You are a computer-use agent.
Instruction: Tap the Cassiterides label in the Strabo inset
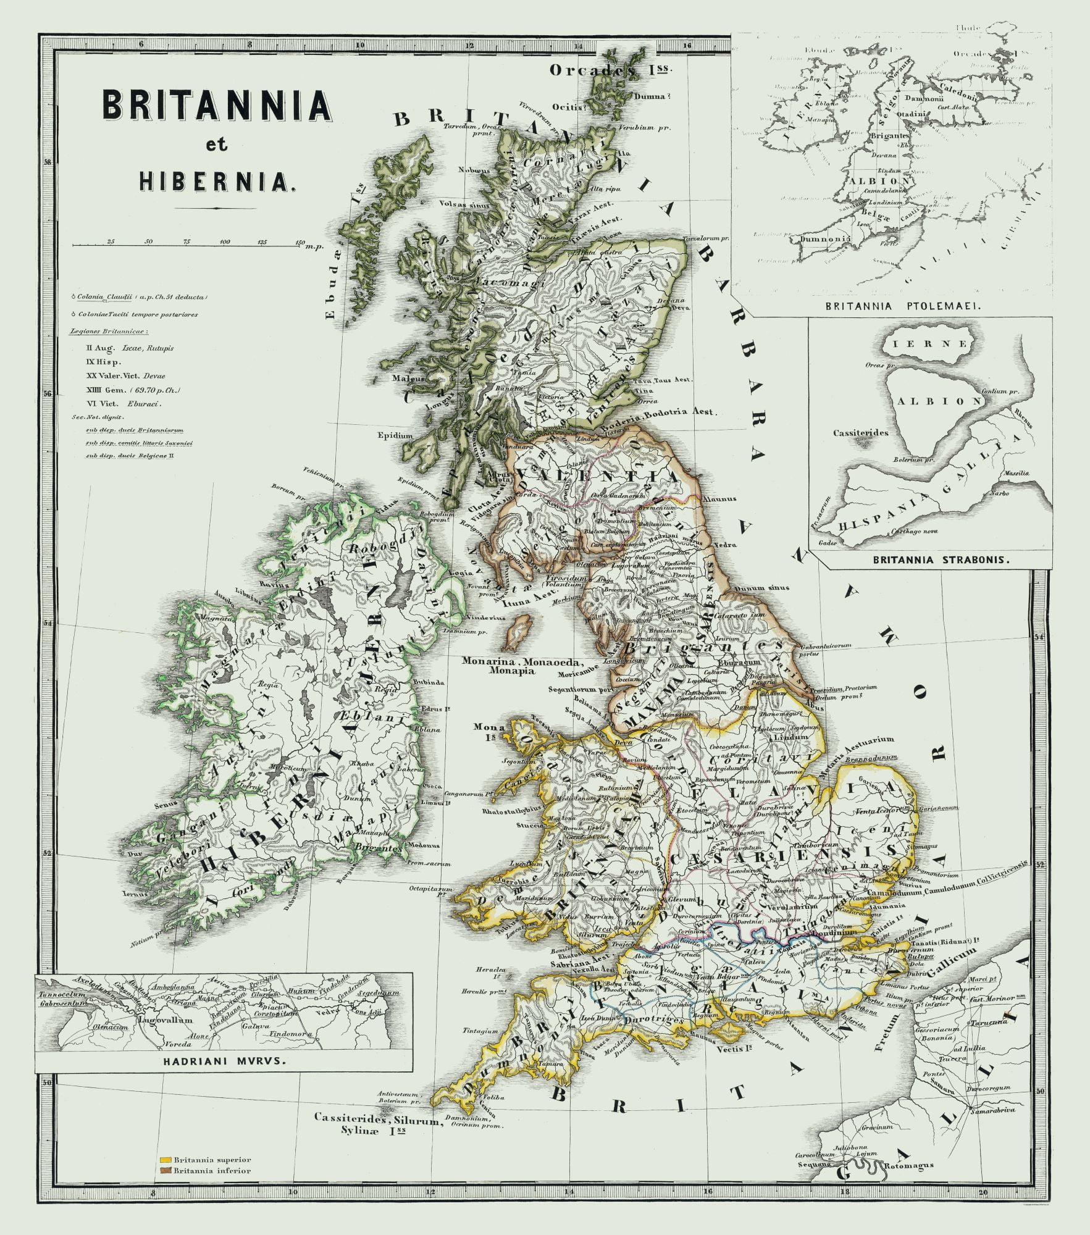coord(860,432)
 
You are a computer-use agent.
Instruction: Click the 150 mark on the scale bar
coord(300,241)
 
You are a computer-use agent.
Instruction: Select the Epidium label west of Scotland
coord(395,435)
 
